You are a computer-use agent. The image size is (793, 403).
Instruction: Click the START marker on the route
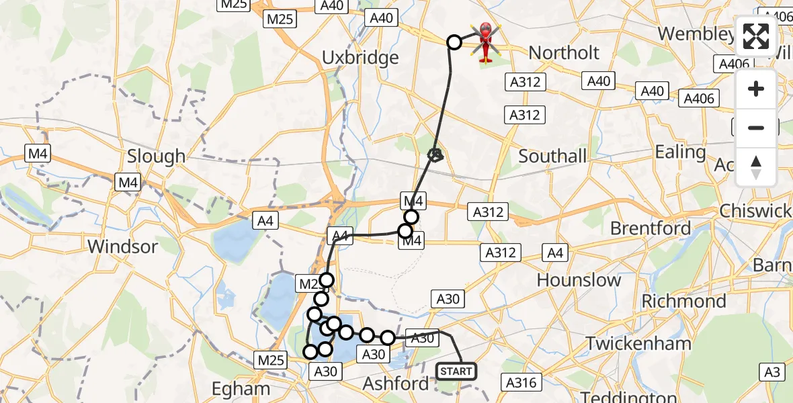coord(456,371)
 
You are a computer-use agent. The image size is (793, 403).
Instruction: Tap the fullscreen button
coord(756,37)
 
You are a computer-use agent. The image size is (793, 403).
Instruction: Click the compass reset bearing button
coord(756,167)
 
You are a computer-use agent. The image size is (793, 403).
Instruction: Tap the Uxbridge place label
coord(360,58)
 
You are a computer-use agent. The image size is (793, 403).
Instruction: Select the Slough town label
coord(157,156)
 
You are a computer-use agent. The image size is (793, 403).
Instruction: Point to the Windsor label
coord(123,247)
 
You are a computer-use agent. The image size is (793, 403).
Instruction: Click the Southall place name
coord(552,156)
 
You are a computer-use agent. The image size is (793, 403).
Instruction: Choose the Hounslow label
coord(579,279)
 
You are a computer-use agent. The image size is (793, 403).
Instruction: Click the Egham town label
coord(241,388)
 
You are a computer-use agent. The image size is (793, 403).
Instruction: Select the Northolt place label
coord(564,52)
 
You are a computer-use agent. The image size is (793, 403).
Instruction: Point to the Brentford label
coord(651,228)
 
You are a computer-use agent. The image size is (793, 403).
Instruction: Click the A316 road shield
coord(521,382)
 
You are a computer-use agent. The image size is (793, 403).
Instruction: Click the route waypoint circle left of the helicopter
coord(454,42)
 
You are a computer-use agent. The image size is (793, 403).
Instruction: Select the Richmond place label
coord(683,301)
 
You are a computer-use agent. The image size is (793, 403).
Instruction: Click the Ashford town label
coord(396,384)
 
